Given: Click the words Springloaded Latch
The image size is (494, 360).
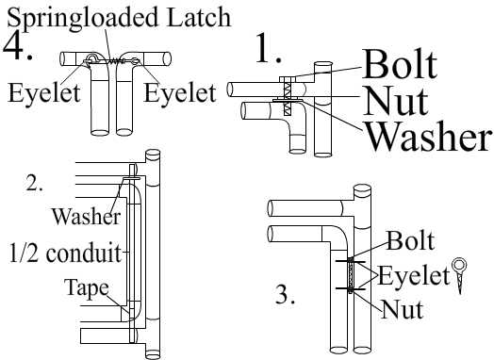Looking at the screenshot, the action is (x=119, y=18).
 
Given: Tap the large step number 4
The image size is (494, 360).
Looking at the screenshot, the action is (x=18, y=46).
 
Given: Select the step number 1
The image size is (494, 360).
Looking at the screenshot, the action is (x=268, y=48).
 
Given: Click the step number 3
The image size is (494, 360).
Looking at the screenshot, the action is (x=285, y=294).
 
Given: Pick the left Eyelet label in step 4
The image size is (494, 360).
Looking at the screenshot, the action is (x=43, y=93).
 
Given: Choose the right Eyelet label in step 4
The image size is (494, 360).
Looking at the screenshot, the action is (x=180, y=93).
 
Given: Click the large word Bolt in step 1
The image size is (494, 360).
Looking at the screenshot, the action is (x=400, y=64).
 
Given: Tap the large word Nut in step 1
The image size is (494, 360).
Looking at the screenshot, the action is (x=395, y=101).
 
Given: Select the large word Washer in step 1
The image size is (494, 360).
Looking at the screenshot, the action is (x=428, y=137).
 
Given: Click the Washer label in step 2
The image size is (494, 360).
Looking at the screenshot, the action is (x=86, y=217).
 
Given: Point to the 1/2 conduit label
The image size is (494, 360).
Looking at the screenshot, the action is (x=65, y=253).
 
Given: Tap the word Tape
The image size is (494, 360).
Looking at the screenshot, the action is (x=87, y=288).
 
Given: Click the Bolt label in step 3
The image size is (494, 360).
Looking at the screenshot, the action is (x=410, y=241).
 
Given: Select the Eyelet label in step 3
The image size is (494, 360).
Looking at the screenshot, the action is (x=413, y=275).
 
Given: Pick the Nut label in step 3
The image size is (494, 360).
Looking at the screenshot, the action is (x=403, y=310).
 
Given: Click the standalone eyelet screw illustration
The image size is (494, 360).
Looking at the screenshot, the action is (x=459, y=275).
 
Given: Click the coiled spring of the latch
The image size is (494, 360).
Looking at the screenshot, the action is (x=117, y=61).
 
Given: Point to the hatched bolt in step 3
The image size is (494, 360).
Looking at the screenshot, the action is (x=351, y=275).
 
